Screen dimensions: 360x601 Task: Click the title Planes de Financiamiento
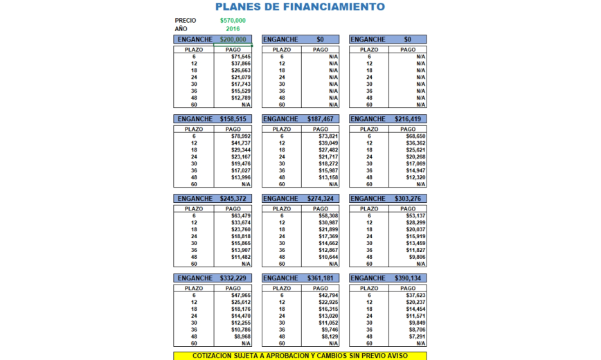pos(300,7)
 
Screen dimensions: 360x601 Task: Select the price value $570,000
pos(233,21)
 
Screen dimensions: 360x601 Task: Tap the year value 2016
pos(233,29)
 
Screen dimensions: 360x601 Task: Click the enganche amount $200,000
pos(233,39)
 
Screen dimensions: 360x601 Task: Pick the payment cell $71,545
pos(240,57)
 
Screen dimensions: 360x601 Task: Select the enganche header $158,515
pos(233,119)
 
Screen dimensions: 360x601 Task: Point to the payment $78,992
pos(240,136)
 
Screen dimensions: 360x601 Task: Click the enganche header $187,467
pos(320,119)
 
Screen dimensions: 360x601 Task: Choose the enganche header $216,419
pos(407,119)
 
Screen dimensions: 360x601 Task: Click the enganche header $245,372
pos(233,199)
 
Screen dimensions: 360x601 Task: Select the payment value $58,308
pos(328,216)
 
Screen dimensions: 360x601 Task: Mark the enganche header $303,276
pos(407,199)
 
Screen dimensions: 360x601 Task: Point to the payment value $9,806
pos(416,258)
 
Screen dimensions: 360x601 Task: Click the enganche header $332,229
pos(233,278)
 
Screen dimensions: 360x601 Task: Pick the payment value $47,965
pos(240,296)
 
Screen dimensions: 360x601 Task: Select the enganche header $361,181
pos(320,278)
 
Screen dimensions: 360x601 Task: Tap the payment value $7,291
pos(416,337)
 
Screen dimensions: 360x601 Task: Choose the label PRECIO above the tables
pos(186,21)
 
